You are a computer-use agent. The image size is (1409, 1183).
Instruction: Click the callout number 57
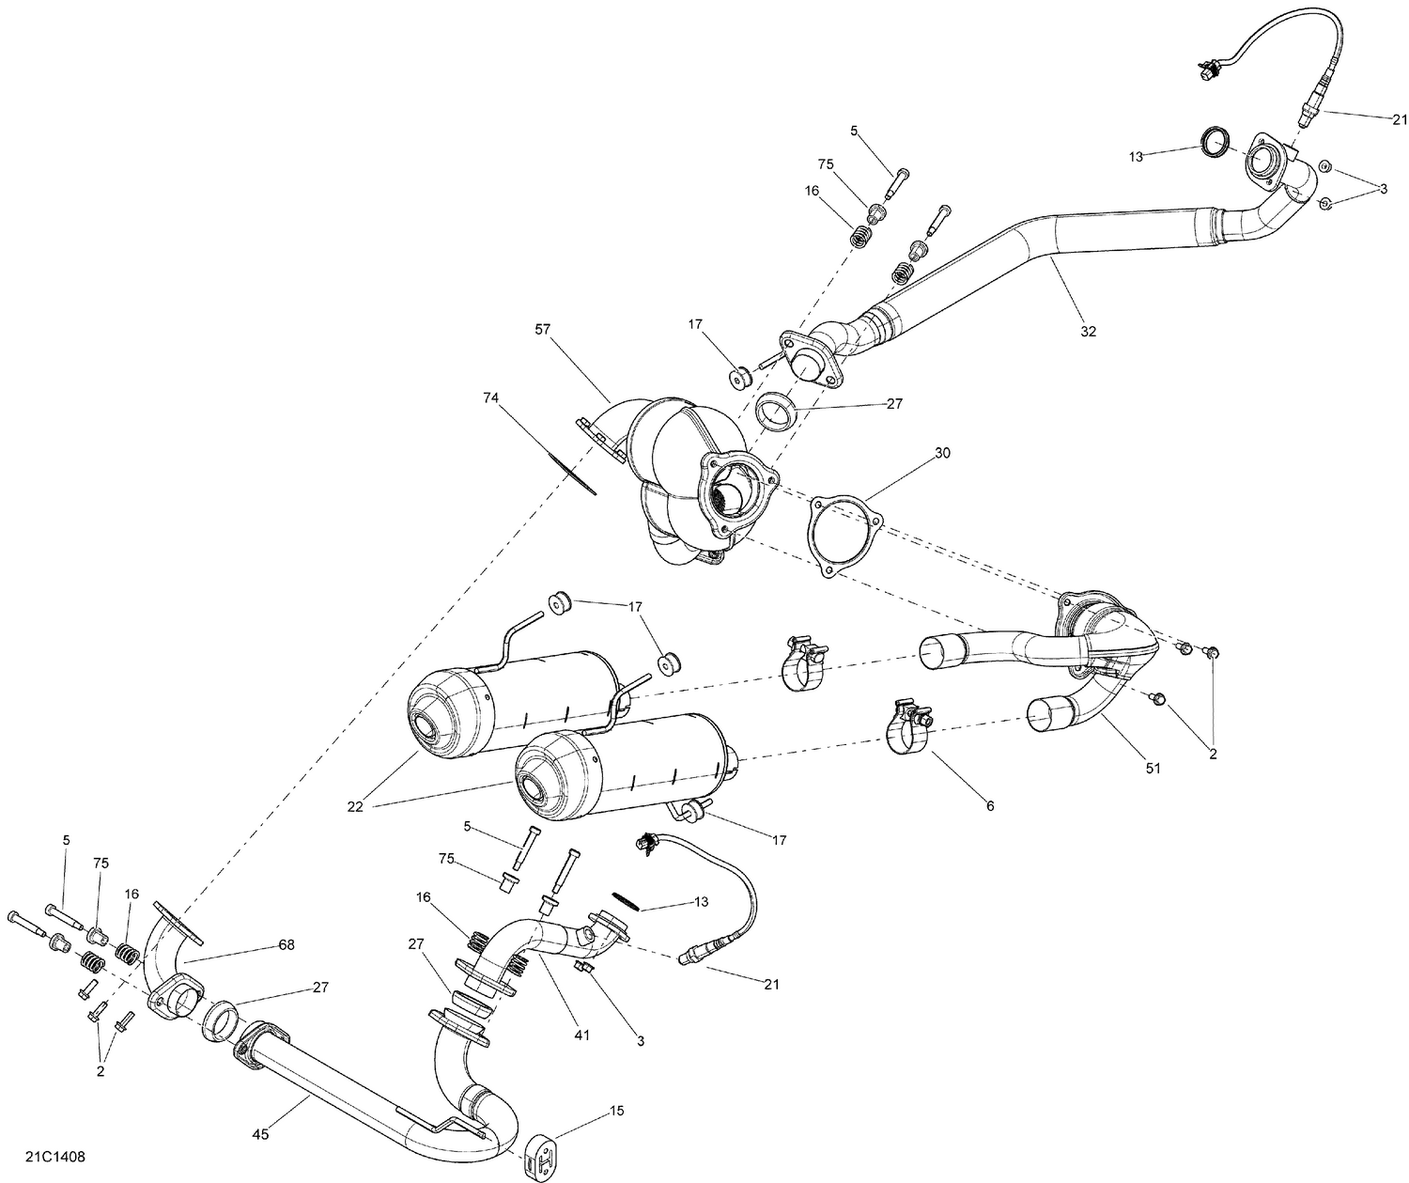click(543, 330)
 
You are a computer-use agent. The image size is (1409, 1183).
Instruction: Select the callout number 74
click(492, 398)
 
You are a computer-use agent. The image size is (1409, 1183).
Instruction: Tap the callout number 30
click(942, 453)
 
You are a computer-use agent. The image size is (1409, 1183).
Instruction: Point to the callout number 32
click(1088, 331)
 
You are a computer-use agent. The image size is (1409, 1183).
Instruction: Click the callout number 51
click(1153, 768)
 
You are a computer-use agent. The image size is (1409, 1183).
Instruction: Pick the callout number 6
click(989, 805)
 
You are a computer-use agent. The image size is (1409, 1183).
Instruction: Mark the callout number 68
click(286, 944)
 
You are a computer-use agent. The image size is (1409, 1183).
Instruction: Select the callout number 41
click(582, 1035)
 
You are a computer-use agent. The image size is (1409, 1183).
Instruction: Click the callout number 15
click(616, 1111)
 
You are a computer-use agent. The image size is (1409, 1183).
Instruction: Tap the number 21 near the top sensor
click(1400, 119)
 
